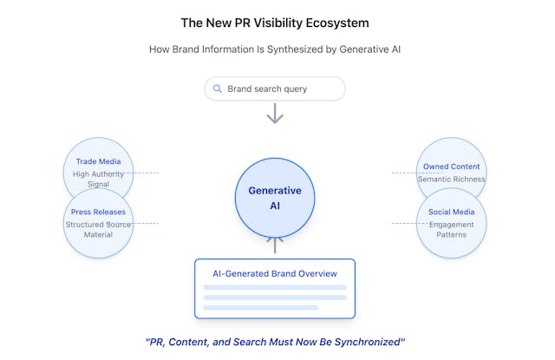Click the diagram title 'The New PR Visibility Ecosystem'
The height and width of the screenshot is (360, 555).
[275, 23]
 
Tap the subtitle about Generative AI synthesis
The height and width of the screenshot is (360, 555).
[275, 49]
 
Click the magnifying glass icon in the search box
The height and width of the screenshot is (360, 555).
[218, 88]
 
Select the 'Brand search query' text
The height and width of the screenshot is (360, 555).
[267, 88]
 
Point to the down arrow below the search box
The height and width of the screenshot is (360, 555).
[275, 114]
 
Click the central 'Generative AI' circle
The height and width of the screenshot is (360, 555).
[275, 198]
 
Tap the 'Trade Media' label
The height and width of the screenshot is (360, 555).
[98, 161]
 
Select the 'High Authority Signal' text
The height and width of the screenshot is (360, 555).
[98, 179]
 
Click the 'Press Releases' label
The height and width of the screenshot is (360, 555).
[98, 212]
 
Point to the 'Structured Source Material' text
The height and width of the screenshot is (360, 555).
[98, 229]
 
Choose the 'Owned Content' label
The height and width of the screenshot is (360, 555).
[451, 167]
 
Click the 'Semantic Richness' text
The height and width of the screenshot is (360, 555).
[451, 179]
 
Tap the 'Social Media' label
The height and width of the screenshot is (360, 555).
[451, 212]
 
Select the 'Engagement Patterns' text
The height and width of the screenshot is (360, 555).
[451, 229]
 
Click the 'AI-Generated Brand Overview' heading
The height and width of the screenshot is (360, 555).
[275, 273]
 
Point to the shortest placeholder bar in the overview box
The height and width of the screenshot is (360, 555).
[260, 308]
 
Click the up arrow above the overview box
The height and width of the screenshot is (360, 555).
[275, 245]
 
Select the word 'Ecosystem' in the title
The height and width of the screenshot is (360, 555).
[337, 23]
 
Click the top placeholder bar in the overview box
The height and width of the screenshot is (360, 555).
[275, 287]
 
